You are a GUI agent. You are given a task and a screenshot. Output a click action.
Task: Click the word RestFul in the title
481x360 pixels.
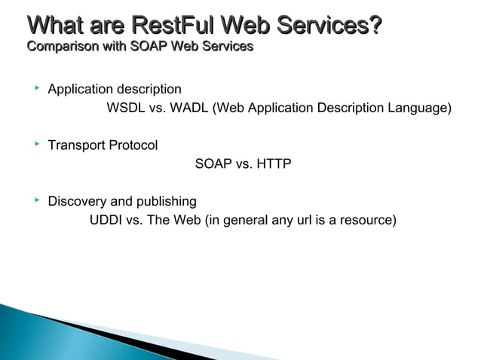click(x=173, y=26)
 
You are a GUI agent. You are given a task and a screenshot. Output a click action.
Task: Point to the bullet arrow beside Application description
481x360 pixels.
click(x=35, y=89)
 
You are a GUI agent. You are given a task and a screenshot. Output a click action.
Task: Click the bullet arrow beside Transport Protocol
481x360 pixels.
click(x=35, y=145)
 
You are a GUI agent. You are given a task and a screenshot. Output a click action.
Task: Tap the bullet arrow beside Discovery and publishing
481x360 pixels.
click(x=35, y=200)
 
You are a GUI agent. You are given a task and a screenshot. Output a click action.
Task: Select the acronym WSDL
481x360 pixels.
click(x=126, y=108)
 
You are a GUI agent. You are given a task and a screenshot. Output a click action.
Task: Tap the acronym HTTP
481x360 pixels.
click(x=274, y=164)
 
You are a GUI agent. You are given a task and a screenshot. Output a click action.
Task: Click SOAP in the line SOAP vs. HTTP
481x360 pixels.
click(x=213, y=164)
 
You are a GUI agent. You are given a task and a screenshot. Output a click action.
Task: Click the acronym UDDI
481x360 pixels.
click(x=107, y=221)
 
